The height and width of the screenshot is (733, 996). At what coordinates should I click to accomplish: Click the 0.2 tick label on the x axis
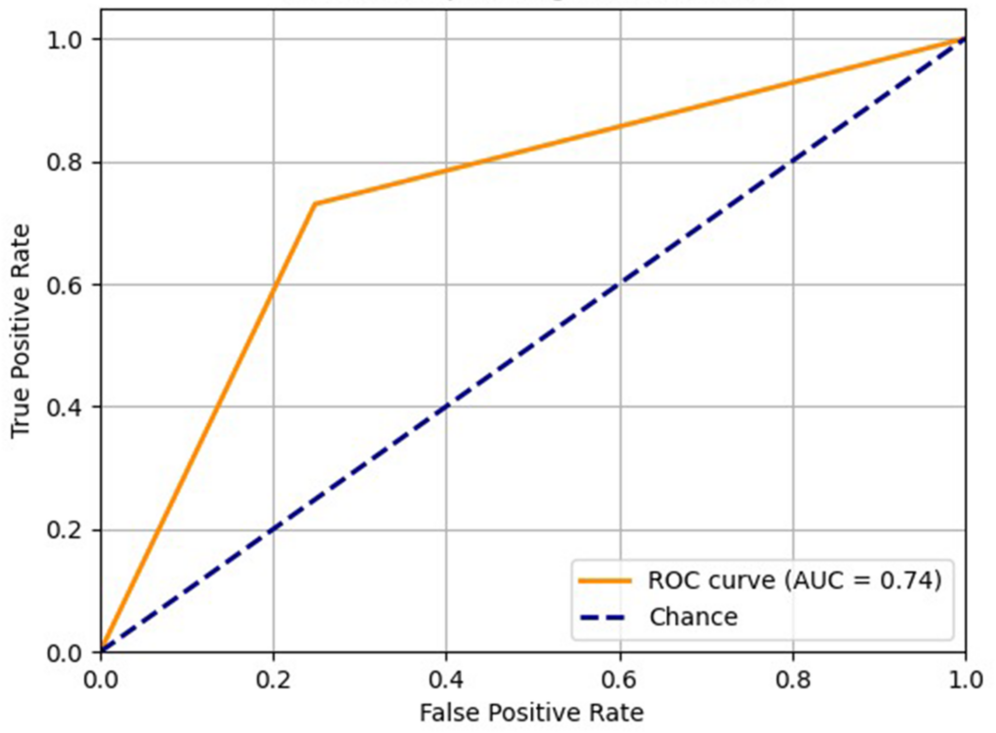click(273, 679)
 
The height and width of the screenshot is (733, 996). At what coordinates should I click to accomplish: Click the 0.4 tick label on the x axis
click(446, 679)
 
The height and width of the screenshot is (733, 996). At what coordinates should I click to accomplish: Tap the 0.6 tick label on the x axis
click(619, 679)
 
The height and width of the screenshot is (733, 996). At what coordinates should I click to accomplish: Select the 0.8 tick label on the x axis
click(793, 679)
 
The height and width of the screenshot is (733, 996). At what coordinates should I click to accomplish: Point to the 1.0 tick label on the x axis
click(965, 679)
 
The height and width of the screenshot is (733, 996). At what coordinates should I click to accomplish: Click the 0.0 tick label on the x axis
click(101, 679)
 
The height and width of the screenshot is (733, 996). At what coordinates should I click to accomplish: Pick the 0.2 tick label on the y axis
click(64, 530)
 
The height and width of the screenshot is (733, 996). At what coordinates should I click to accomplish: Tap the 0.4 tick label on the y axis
click(64, 407)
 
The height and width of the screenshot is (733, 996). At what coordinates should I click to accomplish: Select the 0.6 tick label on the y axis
click(64, 285)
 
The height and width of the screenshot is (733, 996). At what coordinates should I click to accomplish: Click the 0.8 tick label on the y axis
click(64, 163)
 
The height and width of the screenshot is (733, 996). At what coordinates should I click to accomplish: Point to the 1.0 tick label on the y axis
click(64, 40)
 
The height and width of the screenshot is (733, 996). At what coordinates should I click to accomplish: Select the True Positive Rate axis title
click(20, 331)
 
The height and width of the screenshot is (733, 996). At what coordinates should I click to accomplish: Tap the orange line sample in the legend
click(605, 580)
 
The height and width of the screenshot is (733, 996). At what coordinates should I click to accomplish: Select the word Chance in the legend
click(693, 618)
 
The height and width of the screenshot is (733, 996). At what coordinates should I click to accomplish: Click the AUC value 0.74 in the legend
click(905, 580)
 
